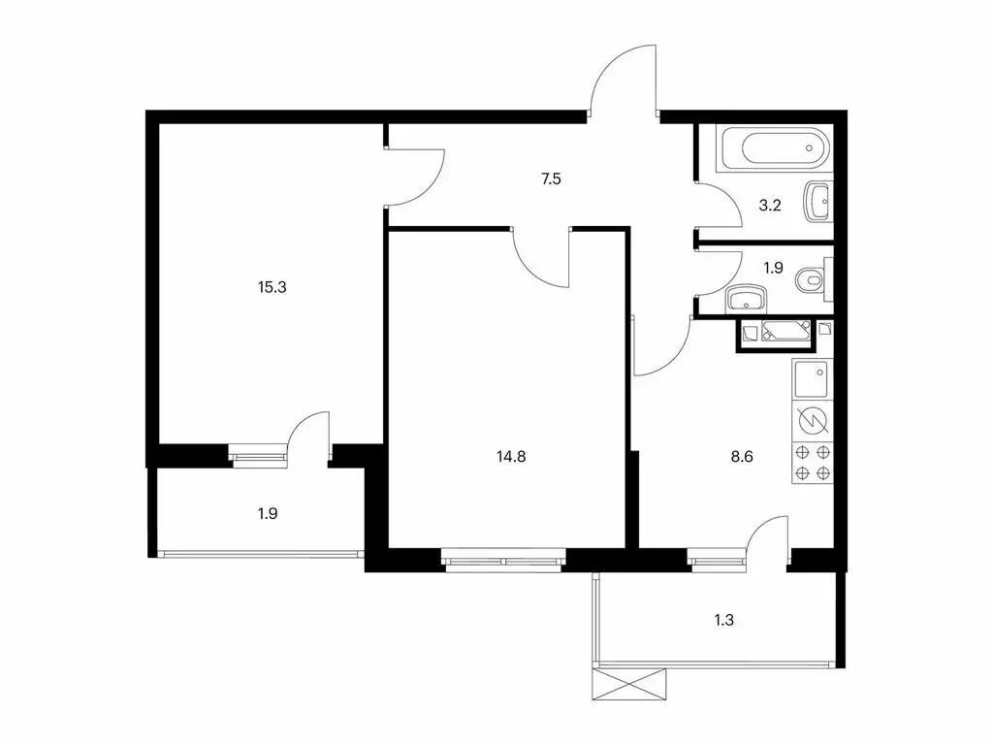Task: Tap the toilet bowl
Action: (811, 280)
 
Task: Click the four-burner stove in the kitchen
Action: (812, 462)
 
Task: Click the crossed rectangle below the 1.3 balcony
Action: (630, 684)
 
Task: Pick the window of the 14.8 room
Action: (503, 559)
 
